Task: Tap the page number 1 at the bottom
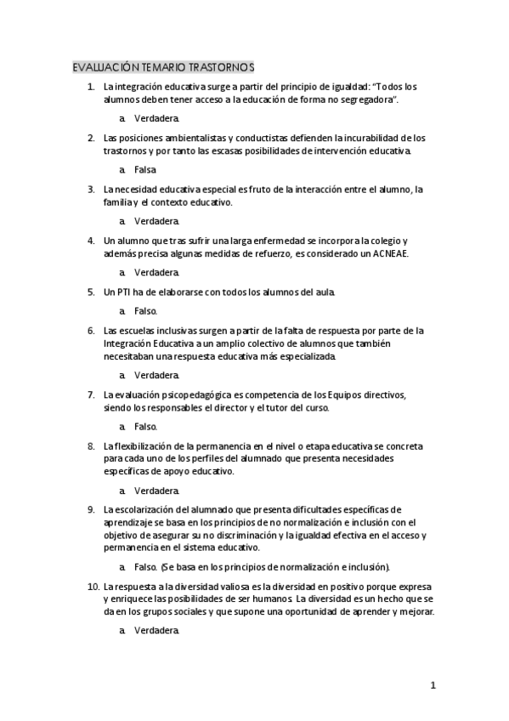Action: tap(433, 685)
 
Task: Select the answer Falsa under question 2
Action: tap(145, 169)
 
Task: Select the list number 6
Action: tap(91, 330)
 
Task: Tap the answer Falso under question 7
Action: tap(145, 426)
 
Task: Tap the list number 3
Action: tap(91, 189)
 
